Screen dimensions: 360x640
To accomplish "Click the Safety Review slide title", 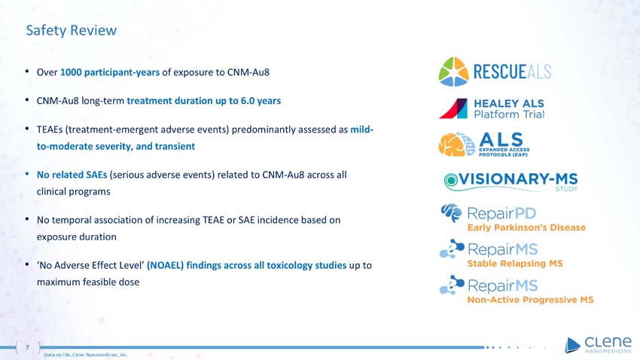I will coord(71,30).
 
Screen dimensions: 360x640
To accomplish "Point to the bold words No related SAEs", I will coord(72,175).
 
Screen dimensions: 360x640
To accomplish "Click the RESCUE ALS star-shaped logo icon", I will coord(454,72).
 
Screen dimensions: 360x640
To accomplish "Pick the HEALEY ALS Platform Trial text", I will coord(509,108).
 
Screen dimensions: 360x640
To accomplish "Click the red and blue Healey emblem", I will coord(453,108).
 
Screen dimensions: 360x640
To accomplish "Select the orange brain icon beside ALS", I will coord(455,145).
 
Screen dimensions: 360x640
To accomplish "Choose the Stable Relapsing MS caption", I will coord(515,264).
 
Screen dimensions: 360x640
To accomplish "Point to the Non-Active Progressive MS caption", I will coord(530,300).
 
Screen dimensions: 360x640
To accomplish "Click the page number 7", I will coord(27,347).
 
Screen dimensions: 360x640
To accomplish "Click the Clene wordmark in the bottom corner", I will coord(602,342).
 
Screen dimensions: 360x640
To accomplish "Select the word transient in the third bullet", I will coord(172,146).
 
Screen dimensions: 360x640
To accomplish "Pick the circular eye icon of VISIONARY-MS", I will coord(450,180).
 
